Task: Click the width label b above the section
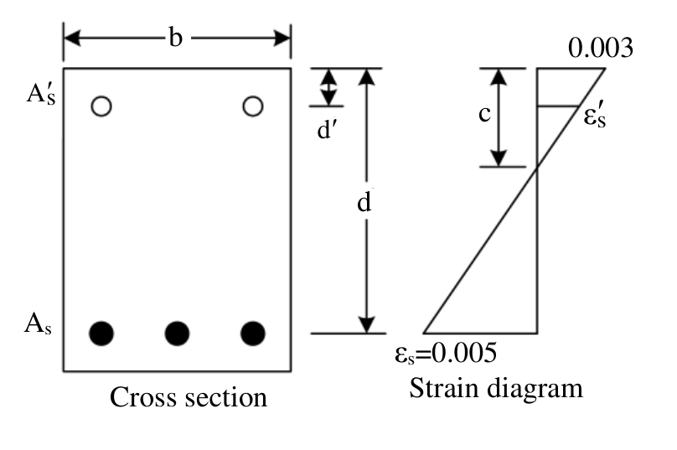[x=176, y=38]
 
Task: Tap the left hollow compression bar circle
[x=101, y=106]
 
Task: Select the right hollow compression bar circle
[x=253, y=106]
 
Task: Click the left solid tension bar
[x=101, y=334]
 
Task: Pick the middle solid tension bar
[x=177, y=334]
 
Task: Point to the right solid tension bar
[x=253, y=334]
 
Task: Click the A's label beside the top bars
[x=41, y=93]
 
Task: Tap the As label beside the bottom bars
[x=38, y=324]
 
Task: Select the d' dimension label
[x=327, y=129]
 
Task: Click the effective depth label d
[x=364, y=202]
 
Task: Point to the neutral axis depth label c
[x=485, y=114]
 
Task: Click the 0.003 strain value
[x=601, y=48]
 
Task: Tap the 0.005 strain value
[x=464, y=353]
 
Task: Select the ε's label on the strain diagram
[x=595, y=116]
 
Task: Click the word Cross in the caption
[x=139, y=397]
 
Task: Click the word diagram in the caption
[x=535, y=390]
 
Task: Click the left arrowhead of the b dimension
[x=72, y=39]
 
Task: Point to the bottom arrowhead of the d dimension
[x=366, y=325]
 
